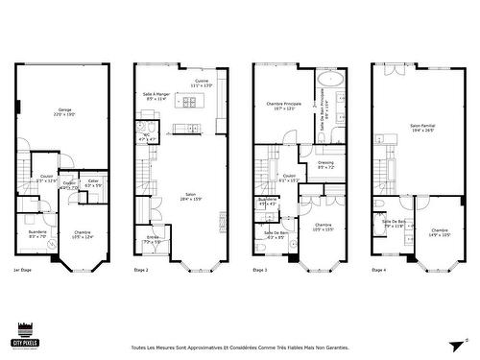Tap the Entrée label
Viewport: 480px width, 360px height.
point(153,238)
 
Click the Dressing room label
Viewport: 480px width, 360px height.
point(326,165)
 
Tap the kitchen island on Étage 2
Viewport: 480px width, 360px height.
point(185,128)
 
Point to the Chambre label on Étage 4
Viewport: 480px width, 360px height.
point(440,231)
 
